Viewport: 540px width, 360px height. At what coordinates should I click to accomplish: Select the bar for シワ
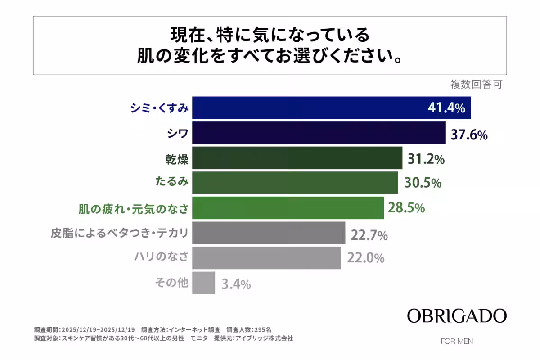[319, 133]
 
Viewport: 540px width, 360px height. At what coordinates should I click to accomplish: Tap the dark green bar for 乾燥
[297, 158]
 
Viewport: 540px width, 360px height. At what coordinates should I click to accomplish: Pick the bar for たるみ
[295, 183]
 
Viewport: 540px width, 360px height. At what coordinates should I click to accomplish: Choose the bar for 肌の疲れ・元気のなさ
[288, 208]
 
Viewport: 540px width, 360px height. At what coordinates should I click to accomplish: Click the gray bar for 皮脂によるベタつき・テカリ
[269, 233]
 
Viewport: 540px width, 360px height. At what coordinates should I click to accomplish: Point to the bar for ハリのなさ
[266, 258]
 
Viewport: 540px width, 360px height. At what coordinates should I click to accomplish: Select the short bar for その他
[203, 283]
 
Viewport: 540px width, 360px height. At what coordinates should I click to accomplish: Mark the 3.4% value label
[236, 284]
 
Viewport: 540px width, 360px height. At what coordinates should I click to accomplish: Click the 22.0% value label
[365, 258]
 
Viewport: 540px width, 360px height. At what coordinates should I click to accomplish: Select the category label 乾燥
[177, 158]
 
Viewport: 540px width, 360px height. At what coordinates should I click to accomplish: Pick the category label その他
[171, 283]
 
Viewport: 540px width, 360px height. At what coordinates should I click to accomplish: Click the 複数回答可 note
[476, 84]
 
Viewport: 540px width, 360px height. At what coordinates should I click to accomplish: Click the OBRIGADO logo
[457, 316]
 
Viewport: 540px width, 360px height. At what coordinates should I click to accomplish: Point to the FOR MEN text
[457, 341]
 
